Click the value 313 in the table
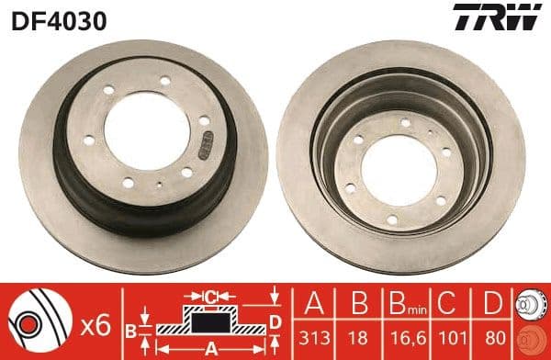tap(312, 337)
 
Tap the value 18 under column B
tap(354, 337)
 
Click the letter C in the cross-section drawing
tap(212, 297)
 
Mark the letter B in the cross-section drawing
tap(130, 329)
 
